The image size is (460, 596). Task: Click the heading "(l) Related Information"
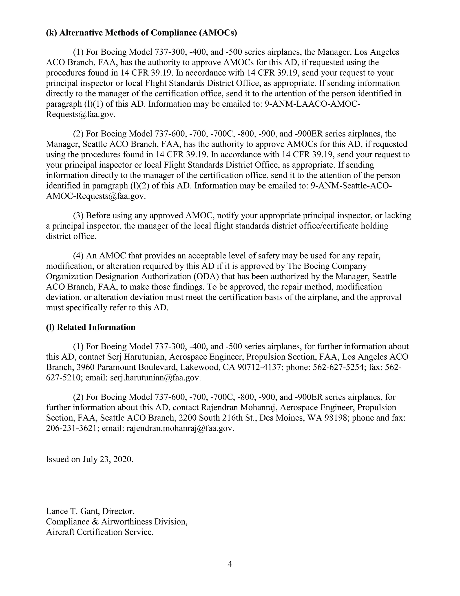(91, 327)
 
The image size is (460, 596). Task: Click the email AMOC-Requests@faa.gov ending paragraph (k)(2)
(95, 196)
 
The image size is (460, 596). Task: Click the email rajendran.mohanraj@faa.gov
(180, 428)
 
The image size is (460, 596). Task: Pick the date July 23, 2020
(107, 459)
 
